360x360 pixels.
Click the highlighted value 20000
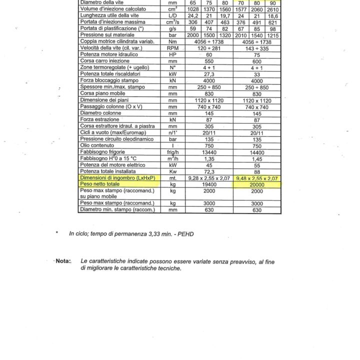[257, 184]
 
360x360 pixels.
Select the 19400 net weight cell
[209, 184]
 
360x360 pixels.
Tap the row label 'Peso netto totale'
[100, 184]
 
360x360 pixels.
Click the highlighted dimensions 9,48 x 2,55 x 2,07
[257, 178]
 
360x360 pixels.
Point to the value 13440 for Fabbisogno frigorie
[209, 151]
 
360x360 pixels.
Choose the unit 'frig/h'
[173, 151]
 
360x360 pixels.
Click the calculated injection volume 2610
[273, 9]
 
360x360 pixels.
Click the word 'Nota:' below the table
[63, 261]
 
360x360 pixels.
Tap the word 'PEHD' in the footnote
[185, 233]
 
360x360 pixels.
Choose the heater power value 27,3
[209, 73]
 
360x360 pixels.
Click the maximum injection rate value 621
[273, 22]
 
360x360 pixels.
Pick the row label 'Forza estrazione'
[99, 119]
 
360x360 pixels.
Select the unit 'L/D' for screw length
[173, 15]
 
